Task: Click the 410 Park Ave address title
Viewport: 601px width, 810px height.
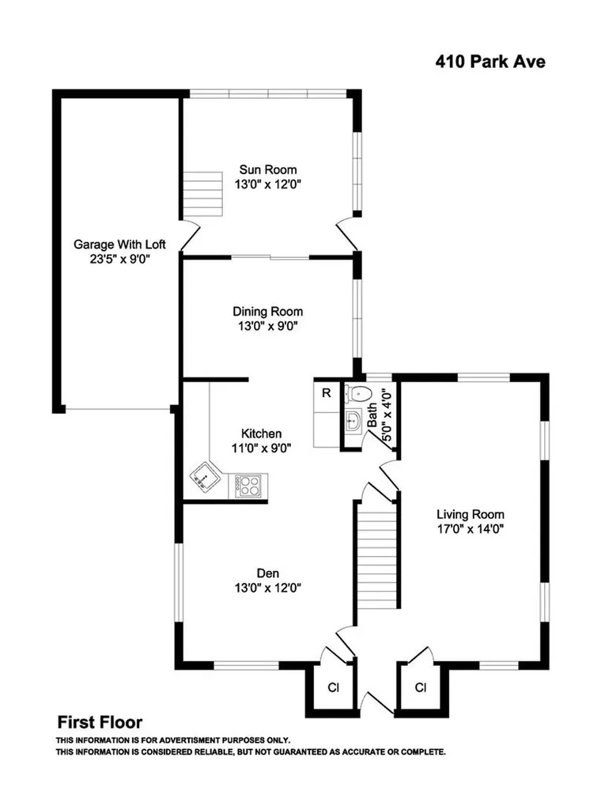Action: click(490, 62)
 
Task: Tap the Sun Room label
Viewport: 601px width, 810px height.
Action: click(268, 169)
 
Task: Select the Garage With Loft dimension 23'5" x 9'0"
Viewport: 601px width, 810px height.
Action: click(119, 259)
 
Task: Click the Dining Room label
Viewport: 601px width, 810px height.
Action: click(267, 312)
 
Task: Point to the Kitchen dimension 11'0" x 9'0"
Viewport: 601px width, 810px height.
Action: click(261, 448)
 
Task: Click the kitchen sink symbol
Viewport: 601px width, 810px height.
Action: click(205, 475)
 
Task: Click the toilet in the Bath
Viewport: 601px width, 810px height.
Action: click(359, 394)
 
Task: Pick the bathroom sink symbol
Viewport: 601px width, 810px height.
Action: click(353, 420)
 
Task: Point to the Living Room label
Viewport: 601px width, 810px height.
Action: click(471, 514)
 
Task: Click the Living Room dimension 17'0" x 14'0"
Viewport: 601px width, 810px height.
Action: click(471, 528)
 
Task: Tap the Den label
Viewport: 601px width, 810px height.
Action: click(268, 573)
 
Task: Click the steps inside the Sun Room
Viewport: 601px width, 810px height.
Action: click(203, 195)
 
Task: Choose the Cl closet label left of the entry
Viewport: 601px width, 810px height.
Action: click(334, 687)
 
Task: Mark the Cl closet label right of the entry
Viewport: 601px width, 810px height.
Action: click(421, 687)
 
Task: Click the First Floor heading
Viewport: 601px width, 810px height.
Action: click(100, 721)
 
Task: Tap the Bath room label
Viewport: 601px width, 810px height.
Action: click(372, 415)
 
